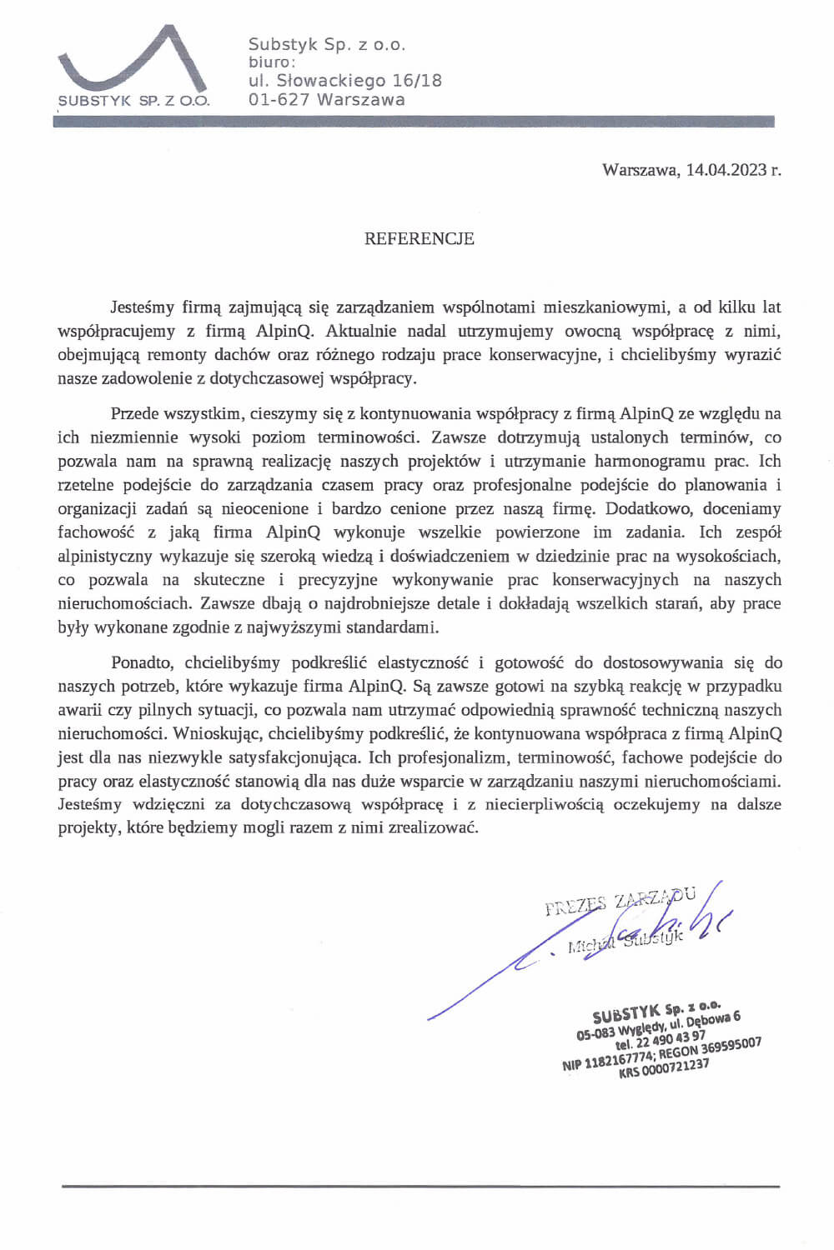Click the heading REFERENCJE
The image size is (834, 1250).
(419, 239)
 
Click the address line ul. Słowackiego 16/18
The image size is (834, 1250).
(345, 81)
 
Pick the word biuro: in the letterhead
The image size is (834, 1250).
(272, 62)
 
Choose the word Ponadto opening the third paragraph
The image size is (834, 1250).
(141, 663)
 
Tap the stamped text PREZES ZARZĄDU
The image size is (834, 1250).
(619, 901)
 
